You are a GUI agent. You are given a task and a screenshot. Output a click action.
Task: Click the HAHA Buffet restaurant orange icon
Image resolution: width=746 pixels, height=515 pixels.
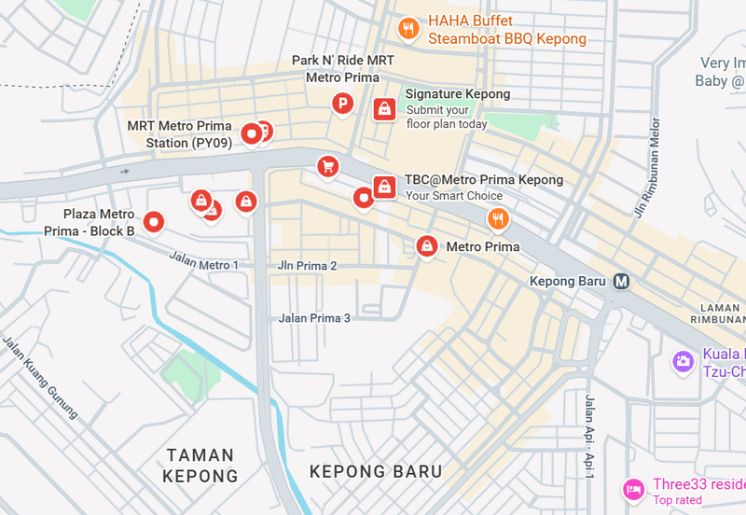pos(408,29)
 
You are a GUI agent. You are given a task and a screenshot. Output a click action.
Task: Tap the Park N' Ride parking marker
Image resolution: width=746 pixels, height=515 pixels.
pos(343,104)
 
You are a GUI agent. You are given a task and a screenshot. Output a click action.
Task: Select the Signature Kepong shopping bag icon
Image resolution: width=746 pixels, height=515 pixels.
pos(383,108)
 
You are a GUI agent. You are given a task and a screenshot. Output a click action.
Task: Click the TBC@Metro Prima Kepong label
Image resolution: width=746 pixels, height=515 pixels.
pos(483,180)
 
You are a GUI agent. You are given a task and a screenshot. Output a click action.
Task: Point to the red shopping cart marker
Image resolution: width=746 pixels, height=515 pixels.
pos(327,166)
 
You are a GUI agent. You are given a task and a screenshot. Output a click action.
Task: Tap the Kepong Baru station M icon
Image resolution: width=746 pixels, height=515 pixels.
pos(622,281)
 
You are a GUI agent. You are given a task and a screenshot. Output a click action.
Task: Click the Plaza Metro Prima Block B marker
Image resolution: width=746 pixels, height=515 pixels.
pos(154,222)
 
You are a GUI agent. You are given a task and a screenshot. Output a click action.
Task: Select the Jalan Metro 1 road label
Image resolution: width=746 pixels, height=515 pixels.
pos(203,262)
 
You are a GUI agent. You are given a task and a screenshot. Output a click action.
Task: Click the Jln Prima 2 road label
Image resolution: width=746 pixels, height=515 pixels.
pos(307,266)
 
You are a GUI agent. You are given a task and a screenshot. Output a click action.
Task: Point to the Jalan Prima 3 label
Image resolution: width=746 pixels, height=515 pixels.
pos(314,318)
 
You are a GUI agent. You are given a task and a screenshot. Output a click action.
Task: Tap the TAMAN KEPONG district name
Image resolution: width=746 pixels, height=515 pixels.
pos(200,466)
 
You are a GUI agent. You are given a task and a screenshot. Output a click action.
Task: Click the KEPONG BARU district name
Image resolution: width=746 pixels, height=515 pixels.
pos(376,472)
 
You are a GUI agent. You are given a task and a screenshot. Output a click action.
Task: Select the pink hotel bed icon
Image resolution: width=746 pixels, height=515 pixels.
pos(634,487)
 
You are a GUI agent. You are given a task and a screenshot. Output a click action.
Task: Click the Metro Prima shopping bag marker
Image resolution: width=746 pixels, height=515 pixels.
pos(426,245)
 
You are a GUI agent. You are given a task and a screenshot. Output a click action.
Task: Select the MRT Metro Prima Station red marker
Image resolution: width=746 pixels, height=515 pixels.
pos(250,134)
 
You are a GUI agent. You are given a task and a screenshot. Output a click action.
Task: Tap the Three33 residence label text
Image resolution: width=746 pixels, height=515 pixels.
pos(698,484)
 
